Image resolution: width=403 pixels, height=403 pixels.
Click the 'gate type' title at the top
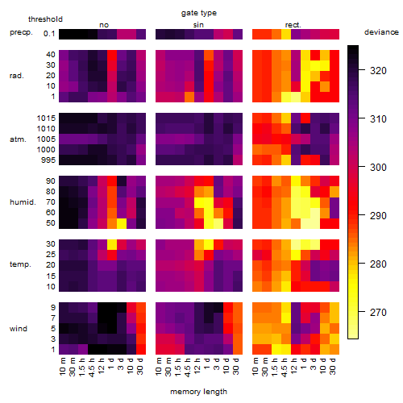[x=199, y=13]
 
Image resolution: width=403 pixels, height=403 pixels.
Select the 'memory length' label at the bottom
[x=198, y=392]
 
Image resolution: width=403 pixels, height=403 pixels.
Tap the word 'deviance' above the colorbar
[x=381, y=32]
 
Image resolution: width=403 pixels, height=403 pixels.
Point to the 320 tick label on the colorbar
[x=378, y=71]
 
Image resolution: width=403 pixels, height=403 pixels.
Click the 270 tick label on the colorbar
[x=378, y=313]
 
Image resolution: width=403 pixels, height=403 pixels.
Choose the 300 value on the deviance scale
[x=378, y=168]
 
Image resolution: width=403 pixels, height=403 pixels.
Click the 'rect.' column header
[x=293, y=25]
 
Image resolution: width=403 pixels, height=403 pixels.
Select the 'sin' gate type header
[x=198, y=25]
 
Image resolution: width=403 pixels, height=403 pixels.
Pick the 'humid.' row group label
[x=23, y=202]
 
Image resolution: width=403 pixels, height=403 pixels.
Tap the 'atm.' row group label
[x=18, y=139]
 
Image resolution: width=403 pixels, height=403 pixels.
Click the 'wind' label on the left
[x=19, y=329]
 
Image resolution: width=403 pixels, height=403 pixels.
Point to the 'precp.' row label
[x=21, y=32]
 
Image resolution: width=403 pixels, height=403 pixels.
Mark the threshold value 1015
[x=46, y=118]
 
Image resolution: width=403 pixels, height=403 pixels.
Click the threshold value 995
[x=48, y=160]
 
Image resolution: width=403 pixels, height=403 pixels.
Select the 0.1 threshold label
[x=49, y=34]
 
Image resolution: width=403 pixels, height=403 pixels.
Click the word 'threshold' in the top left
[x=45, y=19]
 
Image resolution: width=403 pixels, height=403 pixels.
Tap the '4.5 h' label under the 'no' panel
[x=92, y=367]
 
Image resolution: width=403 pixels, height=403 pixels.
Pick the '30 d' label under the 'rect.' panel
[x=333, y=366]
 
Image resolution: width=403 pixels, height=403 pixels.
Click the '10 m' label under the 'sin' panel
[x=159, y=367]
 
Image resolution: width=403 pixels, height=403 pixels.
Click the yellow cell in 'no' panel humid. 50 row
[x=122, y=223]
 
